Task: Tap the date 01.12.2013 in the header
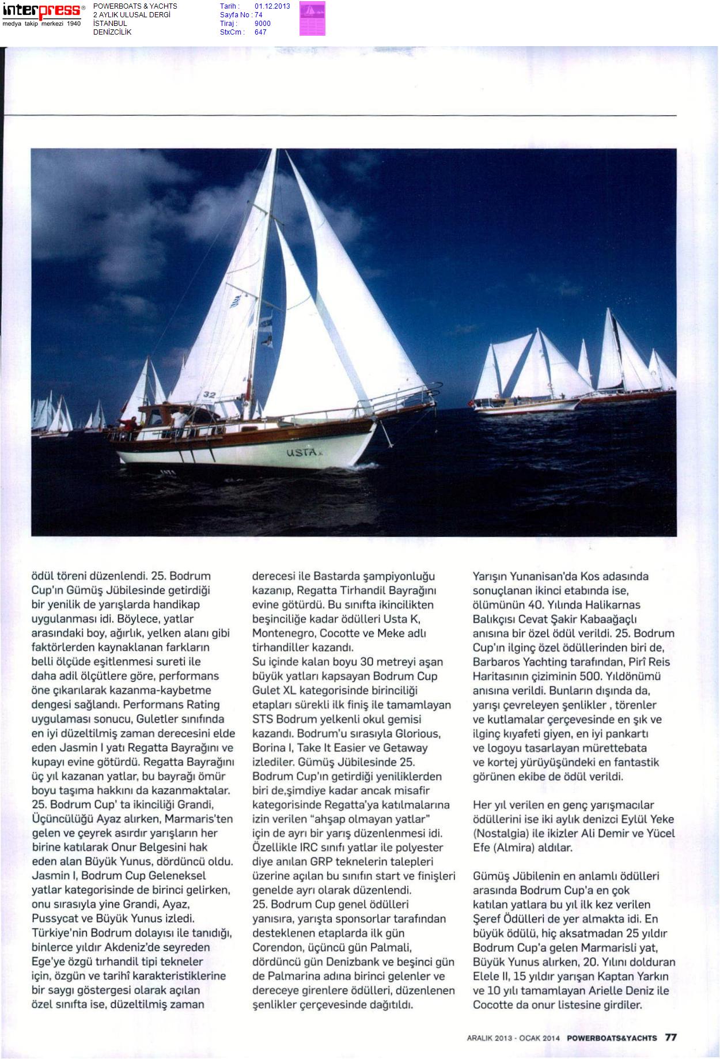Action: pyautogui.click(x=272, y=6)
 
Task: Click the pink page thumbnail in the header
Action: pyautogui.click(x=312, y=18)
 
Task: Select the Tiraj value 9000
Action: pyautogui.click(x=262, y=24)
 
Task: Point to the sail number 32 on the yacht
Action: pyautogui.click(x=209, y=395)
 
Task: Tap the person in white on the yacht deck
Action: pyautogui.click(x=180, y=419)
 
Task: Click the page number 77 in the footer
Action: pyautogui.click(x=670, y=1037)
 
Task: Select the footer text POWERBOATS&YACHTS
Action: pyautogui.click(x=612, y=1038)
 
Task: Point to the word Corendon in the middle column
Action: pyautogui.click(x=276, y=947)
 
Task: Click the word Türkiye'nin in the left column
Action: pyautogui.click(x=60, y=933)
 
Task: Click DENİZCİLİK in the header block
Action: pyautogui.click(x=112, y=32)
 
